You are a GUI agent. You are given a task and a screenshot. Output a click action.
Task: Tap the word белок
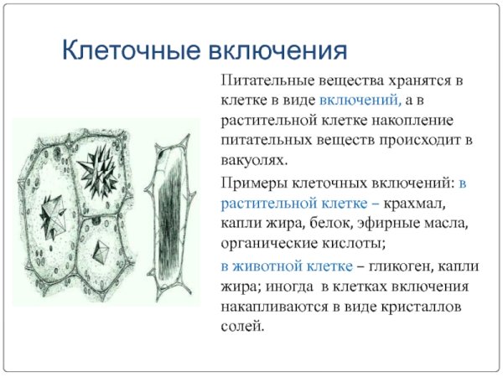[x=353, y=224]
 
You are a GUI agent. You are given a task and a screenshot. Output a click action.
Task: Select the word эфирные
[x=410, y=224]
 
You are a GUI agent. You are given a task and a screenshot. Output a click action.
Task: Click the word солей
[x=242, y=326]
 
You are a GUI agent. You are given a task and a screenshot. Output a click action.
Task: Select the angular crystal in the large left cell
[x=52, y=206]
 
